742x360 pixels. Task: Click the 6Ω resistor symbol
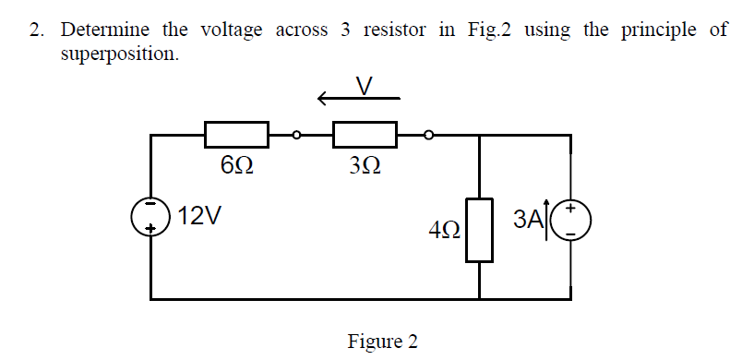tap(236, 135)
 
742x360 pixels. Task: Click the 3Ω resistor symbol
tap(365, 135)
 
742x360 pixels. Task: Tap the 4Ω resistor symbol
tap(478, 228)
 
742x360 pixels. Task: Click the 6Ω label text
tap(235, 167)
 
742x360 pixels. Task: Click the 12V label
tap(199, 217)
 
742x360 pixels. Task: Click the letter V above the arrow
tap(365, 86)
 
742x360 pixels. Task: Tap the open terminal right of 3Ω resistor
tap(426, 135)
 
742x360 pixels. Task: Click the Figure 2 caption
tap(382, 342)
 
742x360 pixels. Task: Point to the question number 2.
tap(36, 30)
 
